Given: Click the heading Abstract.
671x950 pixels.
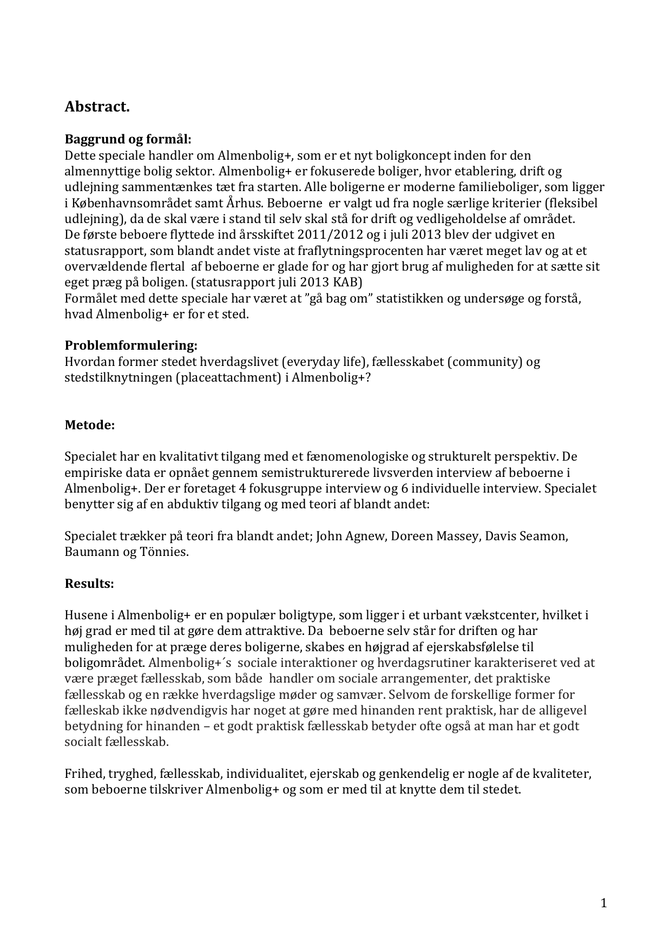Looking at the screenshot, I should coord(97,107).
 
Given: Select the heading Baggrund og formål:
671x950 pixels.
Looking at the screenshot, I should coord(128,139).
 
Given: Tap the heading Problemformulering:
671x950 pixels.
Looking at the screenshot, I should coord(131,345).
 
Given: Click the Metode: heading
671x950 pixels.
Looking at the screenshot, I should coord(90,425).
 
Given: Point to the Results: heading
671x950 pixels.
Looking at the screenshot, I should coord(89,584).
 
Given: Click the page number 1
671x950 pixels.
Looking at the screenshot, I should coord(604,903).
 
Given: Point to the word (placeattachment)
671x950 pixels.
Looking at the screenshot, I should coord(228,377).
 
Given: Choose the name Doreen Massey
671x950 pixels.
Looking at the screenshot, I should coord(435,536).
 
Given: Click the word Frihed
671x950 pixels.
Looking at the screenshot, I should coord(82,774).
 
